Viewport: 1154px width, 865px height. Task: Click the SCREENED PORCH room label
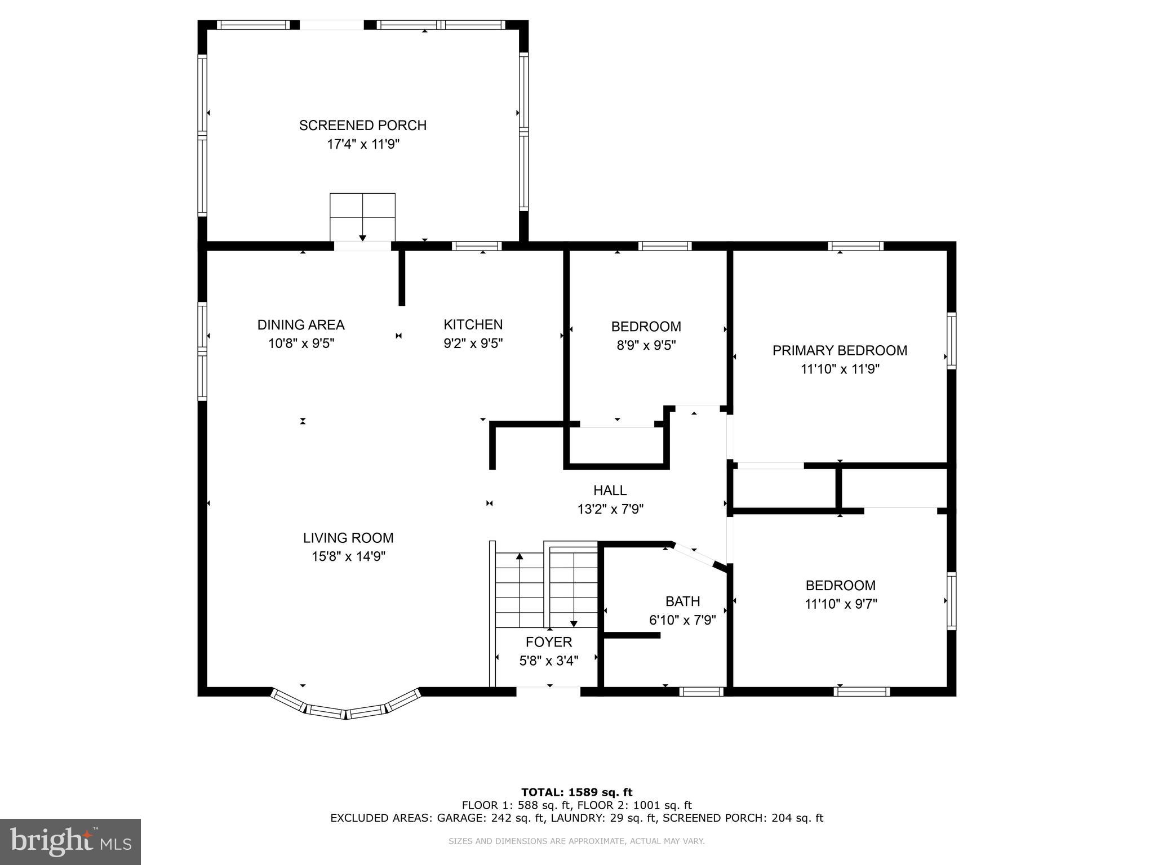[x=362, y=125]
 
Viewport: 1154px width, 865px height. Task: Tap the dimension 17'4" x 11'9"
[x=363, y=144]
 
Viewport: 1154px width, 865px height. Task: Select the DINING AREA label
[x=301, y=325]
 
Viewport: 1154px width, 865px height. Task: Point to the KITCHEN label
[x=473, y=324]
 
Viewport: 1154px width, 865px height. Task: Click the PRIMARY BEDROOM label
[x=840, y=350]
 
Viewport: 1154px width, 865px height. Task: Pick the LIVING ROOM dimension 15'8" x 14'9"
[x=348, y=556]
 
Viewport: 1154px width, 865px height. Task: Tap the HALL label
[x=610, y=491]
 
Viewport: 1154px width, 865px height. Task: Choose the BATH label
[x=682, y=601]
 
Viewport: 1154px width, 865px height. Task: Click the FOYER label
[x=548, y=642]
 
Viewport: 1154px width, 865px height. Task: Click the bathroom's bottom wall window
[x=701, y=692]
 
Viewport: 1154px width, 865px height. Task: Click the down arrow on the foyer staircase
[x=574, y=622]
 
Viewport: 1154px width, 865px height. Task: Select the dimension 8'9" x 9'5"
[x=646, y=345]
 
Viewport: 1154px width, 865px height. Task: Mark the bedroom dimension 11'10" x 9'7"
[x=840, y=604]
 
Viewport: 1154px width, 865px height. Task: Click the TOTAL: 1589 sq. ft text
[x=576, y=792]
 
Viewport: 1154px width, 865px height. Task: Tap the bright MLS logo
[x=70, y=841]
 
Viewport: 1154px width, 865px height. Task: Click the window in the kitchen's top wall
[x=477, y=246]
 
